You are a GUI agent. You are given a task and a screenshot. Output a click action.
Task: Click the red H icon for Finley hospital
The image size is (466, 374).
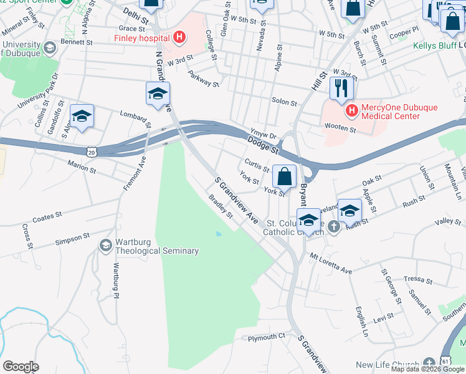pyautogui.click(x=179, y=38)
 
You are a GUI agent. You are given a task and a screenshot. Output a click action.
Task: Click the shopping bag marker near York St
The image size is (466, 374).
pyautogui.click(x=284, y=176)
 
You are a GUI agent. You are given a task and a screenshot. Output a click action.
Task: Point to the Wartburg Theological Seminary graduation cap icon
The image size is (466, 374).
pyautogui.click(x=105, y=246)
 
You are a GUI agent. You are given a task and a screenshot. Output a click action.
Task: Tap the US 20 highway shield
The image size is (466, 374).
pyautogui.click(x=91, y=151)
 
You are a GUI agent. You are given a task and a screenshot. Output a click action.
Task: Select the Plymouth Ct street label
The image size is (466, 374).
pyautogui.click(x=266, y=337)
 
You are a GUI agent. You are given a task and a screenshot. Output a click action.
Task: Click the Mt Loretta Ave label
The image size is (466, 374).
pyautogui.click(x=331, y=262)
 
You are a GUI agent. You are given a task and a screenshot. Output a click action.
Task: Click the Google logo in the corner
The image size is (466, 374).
pyautogui.click(x=21, y=366)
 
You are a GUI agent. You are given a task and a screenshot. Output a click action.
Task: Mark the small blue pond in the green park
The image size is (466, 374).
pyautogui.click(x=218, y=234)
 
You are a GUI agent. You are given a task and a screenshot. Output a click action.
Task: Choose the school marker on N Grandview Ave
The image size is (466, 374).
pyautogui.click(x=158, y=93)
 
